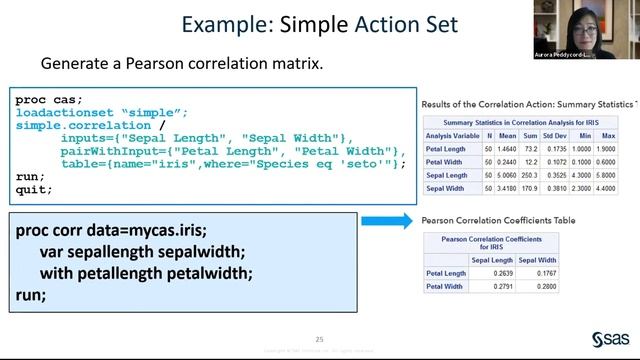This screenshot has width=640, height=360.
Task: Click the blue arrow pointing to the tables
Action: pos(386,221)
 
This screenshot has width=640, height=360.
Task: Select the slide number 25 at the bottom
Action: pos(320,338)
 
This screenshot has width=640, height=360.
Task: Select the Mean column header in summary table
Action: pos(508,135)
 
